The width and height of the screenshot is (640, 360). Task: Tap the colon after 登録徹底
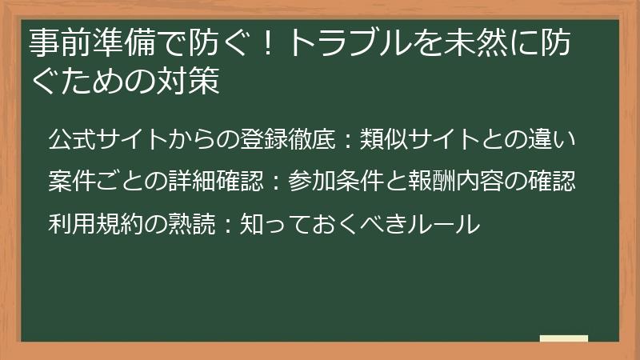pyautogui.click(x=346, y=141)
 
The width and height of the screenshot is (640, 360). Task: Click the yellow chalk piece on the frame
pyautogui.click(x=563, y=339)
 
